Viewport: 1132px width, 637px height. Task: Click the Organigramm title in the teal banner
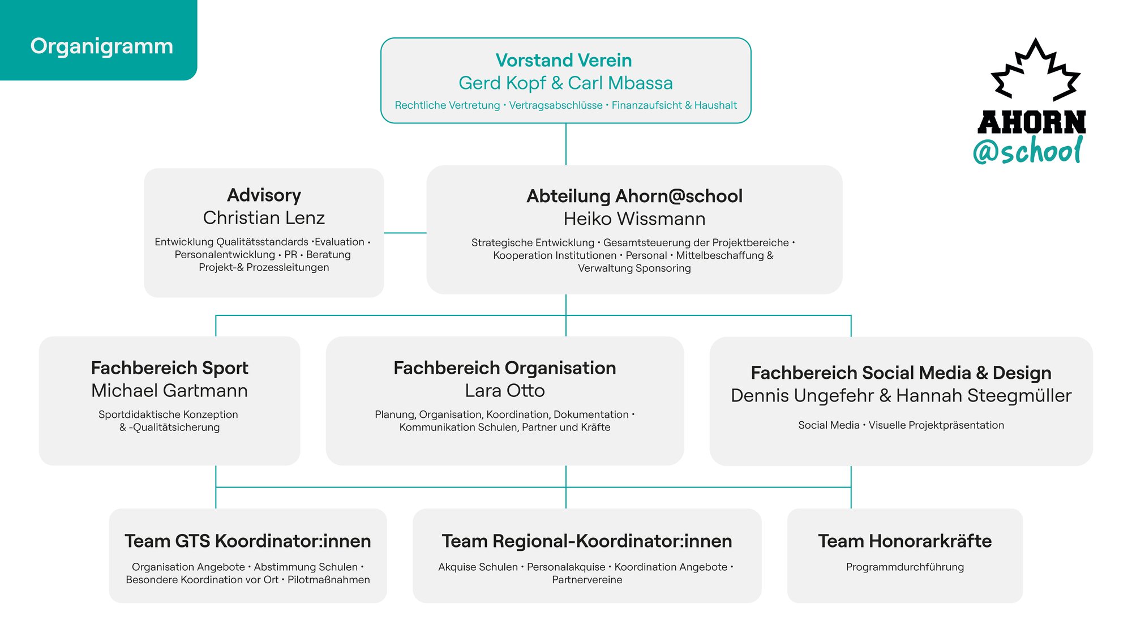point(102,46)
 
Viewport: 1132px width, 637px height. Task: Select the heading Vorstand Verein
point(564,60)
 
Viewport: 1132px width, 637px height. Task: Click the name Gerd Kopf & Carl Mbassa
point(565,83)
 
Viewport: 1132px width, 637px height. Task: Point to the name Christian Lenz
point(264,218)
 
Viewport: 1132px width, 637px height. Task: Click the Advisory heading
point(264,195)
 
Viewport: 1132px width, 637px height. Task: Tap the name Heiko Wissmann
point(634,219)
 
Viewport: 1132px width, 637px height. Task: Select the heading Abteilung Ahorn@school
point(634,196)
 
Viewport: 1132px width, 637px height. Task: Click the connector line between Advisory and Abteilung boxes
point(405,233)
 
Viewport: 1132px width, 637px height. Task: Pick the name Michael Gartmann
point(169,391)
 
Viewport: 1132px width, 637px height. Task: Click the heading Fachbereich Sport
point(169,368)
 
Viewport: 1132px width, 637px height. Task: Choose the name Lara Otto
point(505,391)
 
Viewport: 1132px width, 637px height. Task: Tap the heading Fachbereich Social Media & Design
point(901,373)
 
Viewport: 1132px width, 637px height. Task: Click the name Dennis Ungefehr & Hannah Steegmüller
point(901,396)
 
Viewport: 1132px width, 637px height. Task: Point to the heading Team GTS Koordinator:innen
point(248,541)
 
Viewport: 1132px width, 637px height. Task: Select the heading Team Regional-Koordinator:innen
point(587,541)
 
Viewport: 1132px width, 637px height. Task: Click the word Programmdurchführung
point(905,567)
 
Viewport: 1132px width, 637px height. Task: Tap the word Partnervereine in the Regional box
point(587,580)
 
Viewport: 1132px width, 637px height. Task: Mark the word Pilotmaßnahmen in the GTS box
point(329,580)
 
